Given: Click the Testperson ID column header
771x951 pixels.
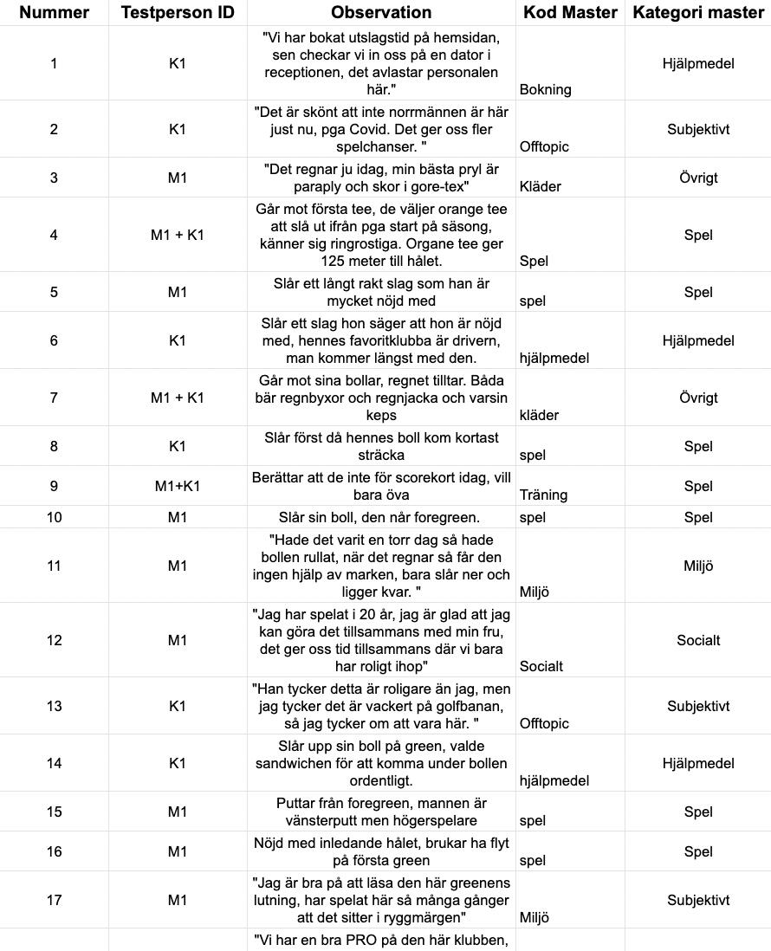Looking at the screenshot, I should point(178,12).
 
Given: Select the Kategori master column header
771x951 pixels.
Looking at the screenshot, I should point(698,12).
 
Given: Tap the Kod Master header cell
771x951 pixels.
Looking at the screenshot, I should point(570,12).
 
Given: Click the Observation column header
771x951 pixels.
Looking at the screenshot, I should point(381,12).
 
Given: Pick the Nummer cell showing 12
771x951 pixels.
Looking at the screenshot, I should point(54,640).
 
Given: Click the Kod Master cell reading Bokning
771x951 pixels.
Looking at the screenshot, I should point(546,89).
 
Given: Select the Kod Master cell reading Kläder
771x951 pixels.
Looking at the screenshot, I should point(541,186).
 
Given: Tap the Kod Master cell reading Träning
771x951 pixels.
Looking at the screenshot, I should point(544,495).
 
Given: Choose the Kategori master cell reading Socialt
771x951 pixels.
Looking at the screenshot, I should point(698,640).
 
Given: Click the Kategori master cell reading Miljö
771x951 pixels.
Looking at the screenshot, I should point(698,566).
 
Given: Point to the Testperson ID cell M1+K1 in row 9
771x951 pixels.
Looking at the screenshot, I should point(178,486).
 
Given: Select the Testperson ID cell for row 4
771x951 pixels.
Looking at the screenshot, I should point(178,235).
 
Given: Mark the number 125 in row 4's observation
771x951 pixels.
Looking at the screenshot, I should point(269,261).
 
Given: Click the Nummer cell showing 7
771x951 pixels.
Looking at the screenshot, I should point(54,398).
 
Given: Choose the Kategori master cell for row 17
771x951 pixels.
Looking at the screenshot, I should point(698,900).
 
